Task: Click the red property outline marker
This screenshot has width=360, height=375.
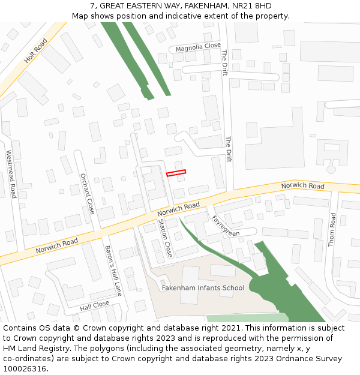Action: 176,173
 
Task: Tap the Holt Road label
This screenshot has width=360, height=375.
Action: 35,52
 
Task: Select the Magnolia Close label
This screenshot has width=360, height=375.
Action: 198,47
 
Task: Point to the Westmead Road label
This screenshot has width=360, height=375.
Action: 11,174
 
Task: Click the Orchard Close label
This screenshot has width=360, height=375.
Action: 88,193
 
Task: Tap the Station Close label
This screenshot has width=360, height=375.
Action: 165,238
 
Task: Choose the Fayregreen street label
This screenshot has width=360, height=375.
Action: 226,226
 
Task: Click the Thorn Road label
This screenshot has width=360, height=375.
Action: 332,229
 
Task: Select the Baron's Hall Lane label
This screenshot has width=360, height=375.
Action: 113,270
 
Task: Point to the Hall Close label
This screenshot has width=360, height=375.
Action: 95,305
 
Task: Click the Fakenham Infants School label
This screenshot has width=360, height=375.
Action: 203,288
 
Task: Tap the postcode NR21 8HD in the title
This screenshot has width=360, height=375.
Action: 253,6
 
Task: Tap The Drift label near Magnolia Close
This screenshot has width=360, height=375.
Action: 224,62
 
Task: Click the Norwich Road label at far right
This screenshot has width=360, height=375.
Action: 302,186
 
